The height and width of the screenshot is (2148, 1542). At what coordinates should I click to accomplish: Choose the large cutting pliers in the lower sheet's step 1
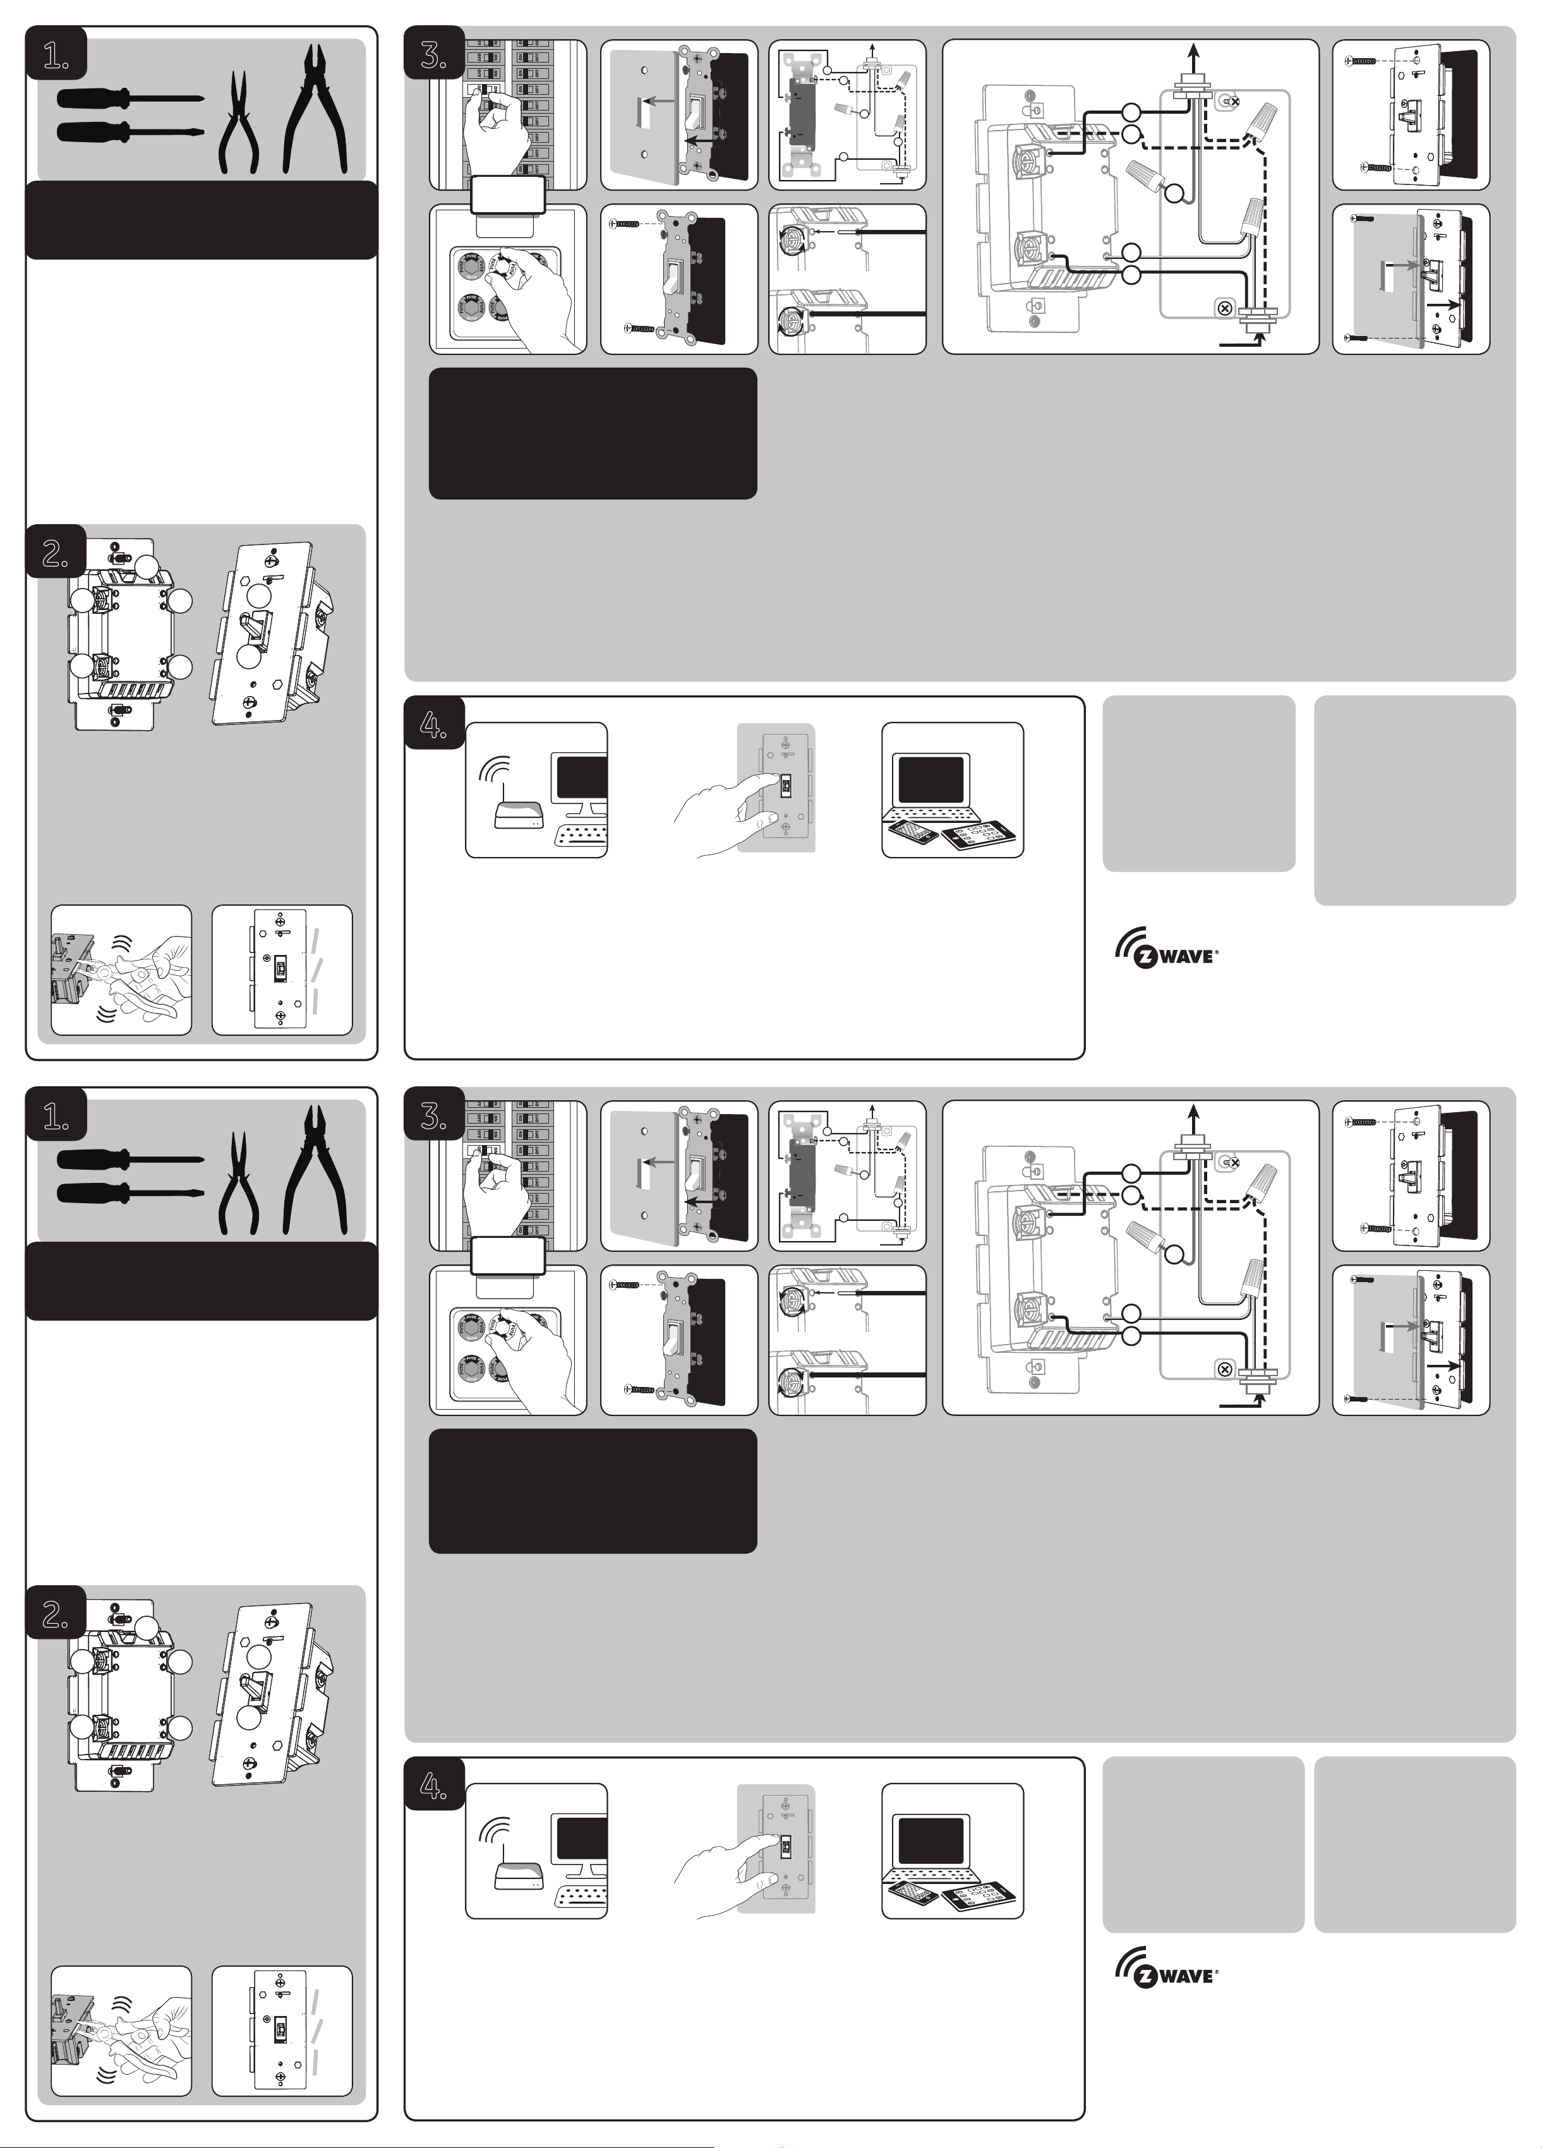point(315,1172)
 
